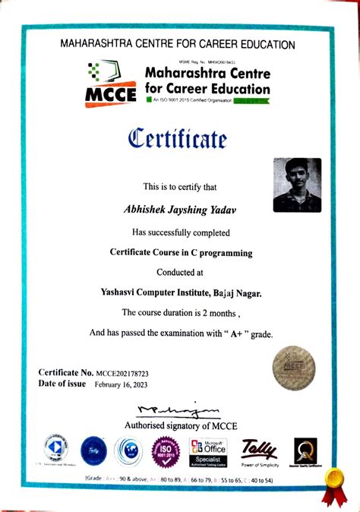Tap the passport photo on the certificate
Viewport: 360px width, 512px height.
pos(297,185)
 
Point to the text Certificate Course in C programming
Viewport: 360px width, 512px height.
pos(181,251)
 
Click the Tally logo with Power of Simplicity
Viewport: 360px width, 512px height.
pos(261,453)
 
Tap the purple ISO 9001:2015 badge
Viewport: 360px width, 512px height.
pos(165,454)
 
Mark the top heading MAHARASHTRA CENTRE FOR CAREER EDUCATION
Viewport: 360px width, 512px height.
pos(178,45)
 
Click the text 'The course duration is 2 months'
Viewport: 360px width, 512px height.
pos(180,312)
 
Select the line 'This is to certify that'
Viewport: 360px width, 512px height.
pos(180,187)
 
